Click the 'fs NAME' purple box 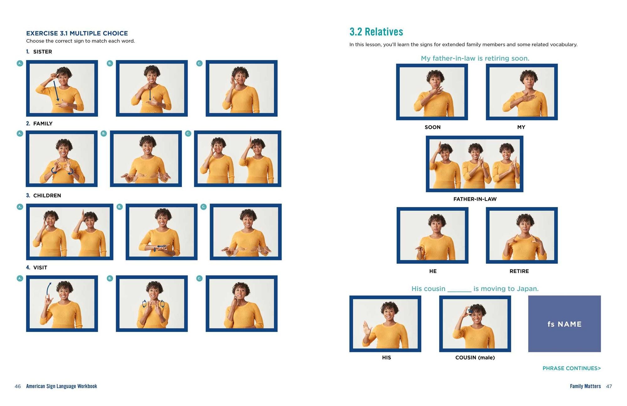564,323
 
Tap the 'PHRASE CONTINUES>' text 572,368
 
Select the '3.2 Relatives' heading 376,32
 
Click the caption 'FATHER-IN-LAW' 475,199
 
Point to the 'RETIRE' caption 519,271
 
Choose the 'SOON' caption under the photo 433,127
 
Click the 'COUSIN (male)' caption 475,357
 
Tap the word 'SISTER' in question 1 43,52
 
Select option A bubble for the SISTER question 20,63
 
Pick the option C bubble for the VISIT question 199,278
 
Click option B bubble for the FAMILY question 104,133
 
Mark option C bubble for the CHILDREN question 203,207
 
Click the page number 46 18,386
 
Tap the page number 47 609,386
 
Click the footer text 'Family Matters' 585,386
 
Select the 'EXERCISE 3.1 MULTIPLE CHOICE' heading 77,33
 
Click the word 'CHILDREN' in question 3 47,195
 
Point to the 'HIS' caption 386,357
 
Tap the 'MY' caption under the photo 521,127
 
